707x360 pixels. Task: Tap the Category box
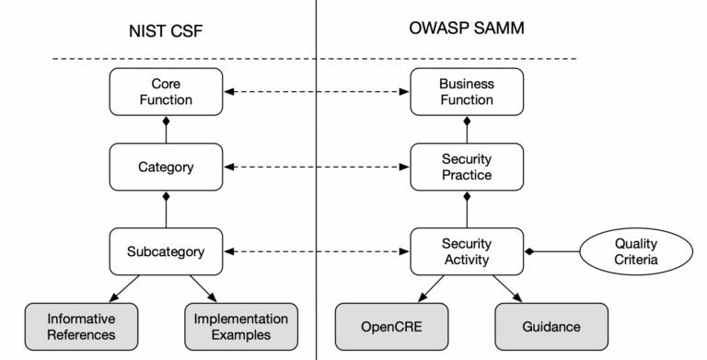[x=167, y=168]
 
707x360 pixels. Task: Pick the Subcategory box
[x=167, y=250]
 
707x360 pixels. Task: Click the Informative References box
[x=82, y=327]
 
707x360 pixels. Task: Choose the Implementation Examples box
[x=241, y=327]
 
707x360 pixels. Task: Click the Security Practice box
[x=466, y=168]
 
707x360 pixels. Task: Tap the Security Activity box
[x=466, y=250]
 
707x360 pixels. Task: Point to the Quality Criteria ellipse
[x=635, y=250]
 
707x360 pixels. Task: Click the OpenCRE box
[x=390, y=327]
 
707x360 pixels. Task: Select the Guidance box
[x=551, y=327]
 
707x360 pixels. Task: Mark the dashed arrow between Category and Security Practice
[x=316, y=168]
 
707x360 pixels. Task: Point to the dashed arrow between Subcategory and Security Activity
[x=316, y=250]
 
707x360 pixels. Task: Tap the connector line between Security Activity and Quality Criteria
[x=552, y=250]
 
